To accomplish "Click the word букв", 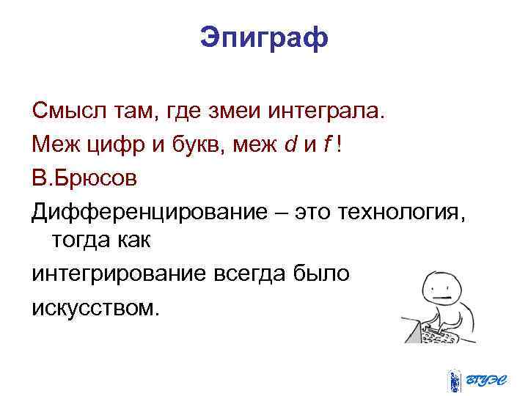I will coord(197,145).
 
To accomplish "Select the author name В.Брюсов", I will coord(84,178).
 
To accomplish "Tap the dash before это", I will coord(282,213).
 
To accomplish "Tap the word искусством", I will coord(95,306).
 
